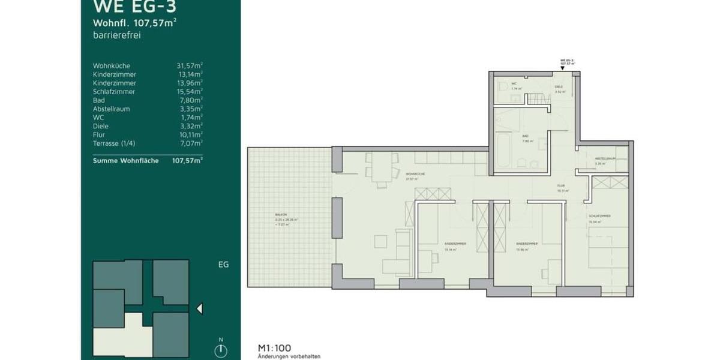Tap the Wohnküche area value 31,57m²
(x=189, y=65)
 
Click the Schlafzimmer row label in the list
(x=114, y=92)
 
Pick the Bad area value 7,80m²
(x=191, y=100)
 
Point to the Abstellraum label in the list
(x=112, y=109)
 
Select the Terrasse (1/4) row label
(x=115, y=143)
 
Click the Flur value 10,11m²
(x=190, y=135)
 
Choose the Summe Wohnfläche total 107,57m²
(x=187, y=161)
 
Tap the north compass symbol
(x=221, y=350)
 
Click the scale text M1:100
(x=274, y=347)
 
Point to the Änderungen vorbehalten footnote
(x=289, y=356)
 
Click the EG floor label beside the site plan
(x=223, y=265)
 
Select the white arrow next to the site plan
(x=200, y=308)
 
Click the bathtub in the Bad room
(x=503, y=152)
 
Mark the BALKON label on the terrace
(x=280, y=214)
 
